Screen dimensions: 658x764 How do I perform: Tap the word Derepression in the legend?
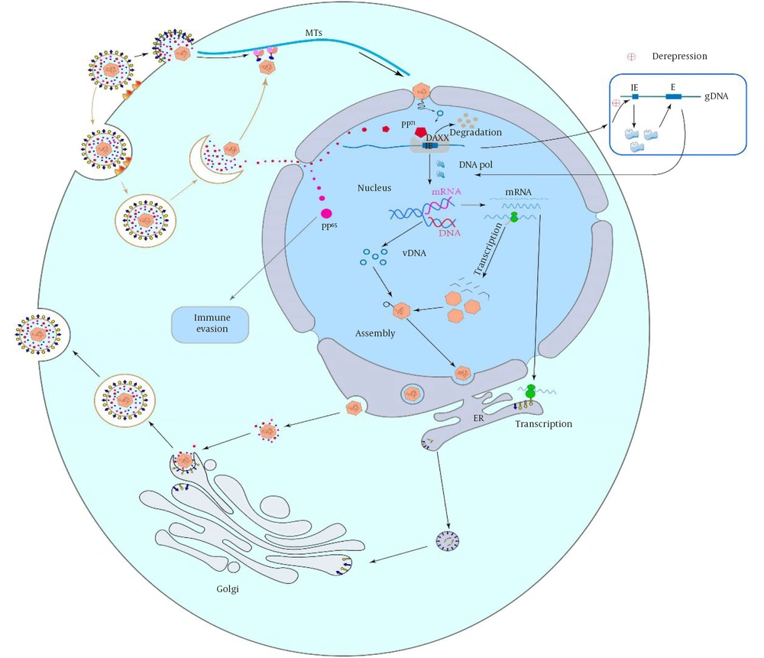pos(679,57)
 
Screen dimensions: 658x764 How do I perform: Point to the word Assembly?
pos(375,334)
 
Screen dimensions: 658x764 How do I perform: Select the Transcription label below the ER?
pos(544,424)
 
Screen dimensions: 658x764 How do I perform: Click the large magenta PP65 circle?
pos(326,213)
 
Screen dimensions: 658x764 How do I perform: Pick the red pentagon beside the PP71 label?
pos(420,131)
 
